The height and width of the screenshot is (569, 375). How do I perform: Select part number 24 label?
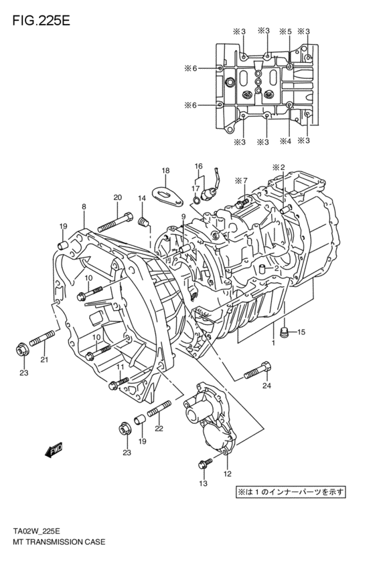(267, 386)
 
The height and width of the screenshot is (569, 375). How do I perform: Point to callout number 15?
(301, 332)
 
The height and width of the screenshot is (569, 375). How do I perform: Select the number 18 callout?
(165, 170)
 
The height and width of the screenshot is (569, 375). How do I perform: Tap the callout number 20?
(117, 197)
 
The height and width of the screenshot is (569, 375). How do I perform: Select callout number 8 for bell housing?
(84, 207)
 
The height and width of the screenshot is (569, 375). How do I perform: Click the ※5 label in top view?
(285, 31)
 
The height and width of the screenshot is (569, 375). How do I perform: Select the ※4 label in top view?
(285, 141)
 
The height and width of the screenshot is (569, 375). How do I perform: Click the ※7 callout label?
(241, 181)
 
